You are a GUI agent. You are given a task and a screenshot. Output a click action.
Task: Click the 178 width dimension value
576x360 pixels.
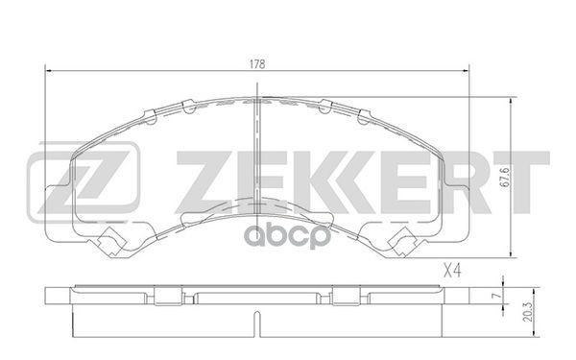coord(256,63)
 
